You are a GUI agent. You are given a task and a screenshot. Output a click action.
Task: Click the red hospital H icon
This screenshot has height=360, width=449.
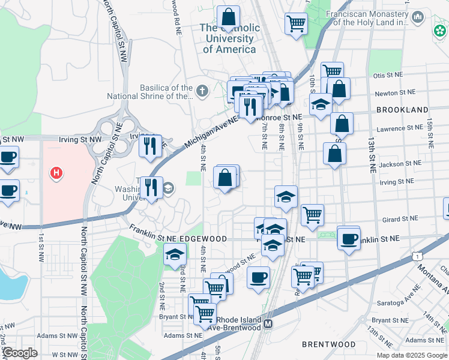click(56, 173)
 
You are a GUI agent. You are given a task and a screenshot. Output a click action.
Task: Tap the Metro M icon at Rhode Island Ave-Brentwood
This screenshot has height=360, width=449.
click(268, 323)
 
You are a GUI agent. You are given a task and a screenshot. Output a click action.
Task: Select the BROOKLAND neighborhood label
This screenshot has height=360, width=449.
click(402, 110)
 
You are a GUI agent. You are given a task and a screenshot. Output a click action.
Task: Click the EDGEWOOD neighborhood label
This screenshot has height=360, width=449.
click(202, 239)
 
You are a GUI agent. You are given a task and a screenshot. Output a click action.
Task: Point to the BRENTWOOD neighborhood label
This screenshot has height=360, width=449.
click(329, 344)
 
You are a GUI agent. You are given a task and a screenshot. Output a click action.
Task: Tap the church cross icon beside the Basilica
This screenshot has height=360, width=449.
click(203, 91)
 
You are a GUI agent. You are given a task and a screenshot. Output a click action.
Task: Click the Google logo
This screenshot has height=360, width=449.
click(19, 353)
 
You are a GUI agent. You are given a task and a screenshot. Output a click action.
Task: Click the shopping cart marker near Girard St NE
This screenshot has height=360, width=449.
click(312, 214)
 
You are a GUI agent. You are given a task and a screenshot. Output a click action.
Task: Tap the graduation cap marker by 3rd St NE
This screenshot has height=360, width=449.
click(175, 254)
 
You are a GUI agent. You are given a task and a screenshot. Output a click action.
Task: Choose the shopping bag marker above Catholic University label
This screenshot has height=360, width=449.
click(228, 17)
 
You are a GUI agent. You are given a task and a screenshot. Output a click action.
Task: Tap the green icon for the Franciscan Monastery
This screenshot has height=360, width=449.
click(440, 29)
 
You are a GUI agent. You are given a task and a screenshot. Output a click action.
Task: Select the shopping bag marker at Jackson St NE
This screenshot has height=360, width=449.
click(334, 154)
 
